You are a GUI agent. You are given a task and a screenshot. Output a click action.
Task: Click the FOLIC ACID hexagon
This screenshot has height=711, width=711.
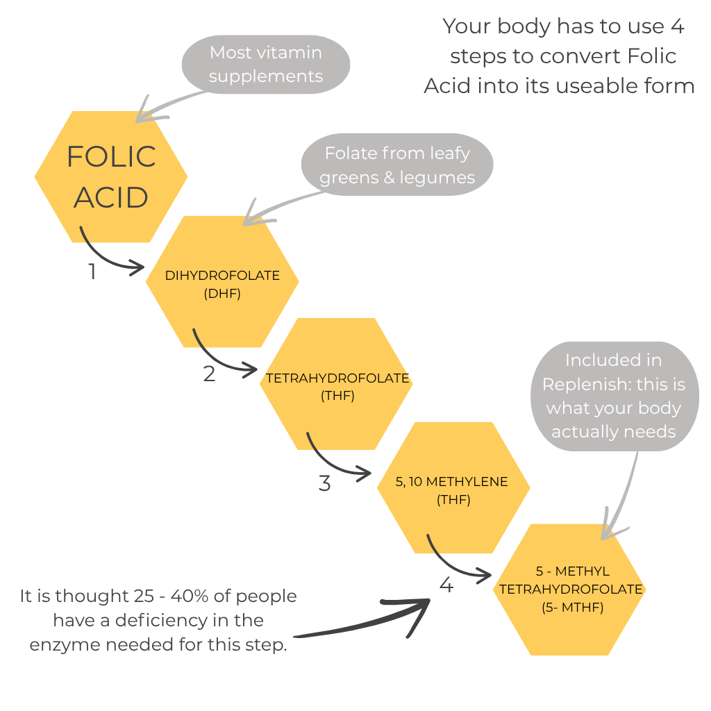[110, 176]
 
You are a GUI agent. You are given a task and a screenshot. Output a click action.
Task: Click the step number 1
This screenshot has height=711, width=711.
[92, 271]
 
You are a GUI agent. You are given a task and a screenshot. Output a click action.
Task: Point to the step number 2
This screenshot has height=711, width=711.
[209, 374]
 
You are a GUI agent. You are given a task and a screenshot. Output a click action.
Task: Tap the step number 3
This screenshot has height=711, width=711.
[324, 483]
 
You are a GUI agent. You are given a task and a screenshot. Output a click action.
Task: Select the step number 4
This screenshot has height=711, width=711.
[446, 585]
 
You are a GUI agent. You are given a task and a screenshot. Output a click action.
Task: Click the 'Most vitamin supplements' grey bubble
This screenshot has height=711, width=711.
[266, 64]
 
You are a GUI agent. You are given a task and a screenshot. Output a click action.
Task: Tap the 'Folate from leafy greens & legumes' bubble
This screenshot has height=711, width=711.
[397, 165]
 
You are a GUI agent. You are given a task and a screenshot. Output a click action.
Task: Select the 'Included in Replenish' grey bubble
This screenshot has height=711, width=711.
[613, 396]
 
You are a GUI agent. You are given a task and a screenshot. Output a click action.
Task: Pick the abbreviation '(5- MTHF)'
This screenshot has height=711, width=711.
[571, 607]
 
